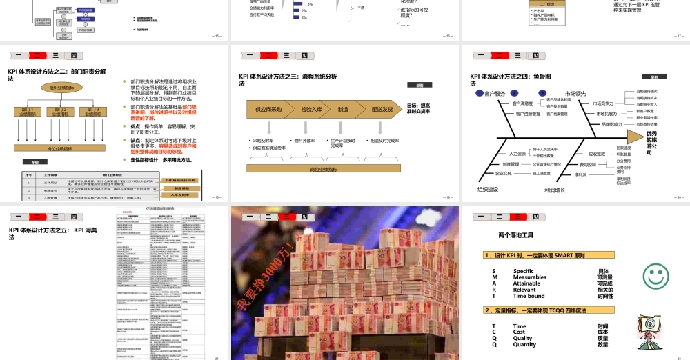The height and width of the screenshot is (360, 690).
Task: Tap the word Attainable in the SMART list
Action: pos(526,283)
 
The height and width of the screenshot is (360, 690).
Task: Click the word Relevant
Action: pos(524,290)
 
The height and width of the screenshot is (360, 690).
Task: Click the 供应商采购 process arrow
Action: pos(269,109)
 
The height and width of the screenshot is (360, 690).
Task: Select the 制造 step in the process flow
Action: pos(342,109)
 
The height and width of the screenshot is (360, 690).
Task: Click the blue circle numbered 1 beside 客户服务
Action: pos(479,93)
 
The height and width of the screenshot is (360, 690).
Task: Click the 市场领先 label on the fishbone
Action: pos(575,93)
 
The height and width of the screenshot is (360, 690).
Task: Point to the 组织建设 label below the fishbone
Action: pos(488,188)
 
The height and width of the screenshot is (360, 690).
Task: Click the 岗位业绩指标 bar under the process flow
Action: pos(323,168)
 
